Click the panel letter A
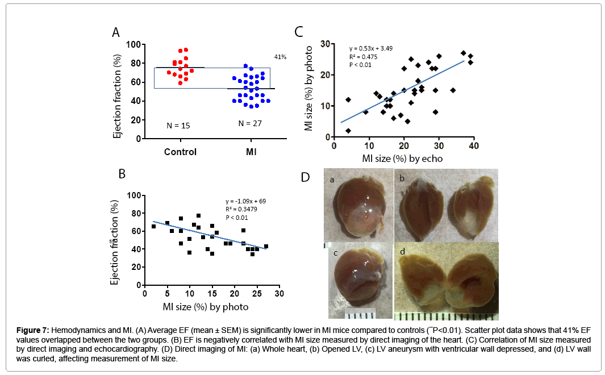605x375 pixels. pos(116,32)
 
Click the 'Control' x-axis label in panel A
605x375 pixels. pos(180,152)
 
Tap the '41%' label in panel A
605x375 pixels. pos(280,57)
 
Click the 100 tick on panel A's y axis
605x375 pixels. pos(133,44)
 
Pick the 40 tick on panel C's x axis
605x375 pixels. pos(474,146)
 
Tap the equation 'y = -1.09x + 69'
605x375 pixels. pos(246,202)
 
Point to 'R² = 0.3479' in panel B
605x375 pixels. pos(241,210)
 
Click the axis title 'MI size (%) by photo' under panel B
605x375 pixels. pos(206,307)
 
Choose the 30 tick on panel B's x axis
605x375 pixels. pos(278,294)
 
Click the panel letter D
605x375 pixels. pos(306,177)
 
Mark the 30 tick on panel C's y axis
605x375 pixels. pos(325,43)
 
